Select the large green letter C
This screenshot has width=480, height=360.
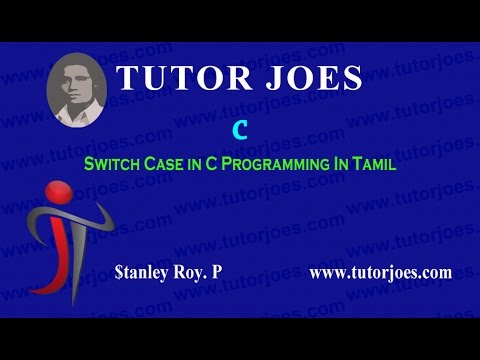pyautogui.click(x=239, y=130)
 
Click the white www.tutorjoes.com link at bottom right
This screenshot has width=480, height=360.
pyautogui.click(x=381, y=271)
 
